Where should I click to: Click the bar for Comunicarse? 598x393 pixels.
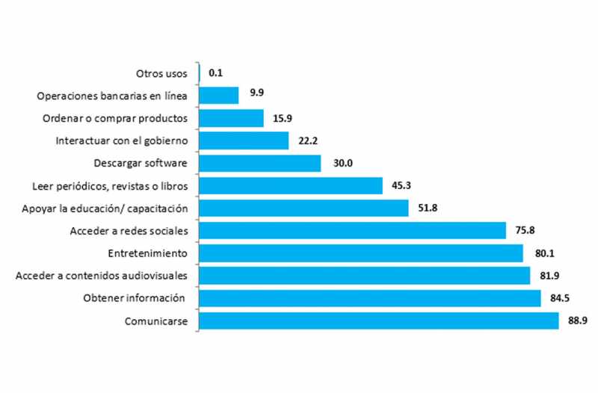(379, 321)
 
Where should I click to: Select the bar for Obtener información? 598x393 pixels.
(370, 298)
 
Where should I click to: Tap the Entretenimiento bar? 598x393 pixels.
(361, 253)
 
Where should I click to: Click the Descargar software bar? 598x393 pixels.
(260, 163)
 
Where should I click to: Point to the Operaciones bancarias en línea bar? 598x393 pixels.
(219, 96)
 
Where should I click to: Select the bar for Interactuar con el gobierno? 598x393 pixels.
(244, 140)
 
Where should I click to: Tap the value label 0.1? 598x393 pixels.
(216, 73)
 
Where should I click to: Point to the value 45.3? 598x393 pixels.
(399, 185)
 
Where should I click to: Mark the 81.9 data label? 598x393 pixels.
(550, 276)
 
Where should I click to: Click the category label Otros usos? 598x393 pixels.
(161, 73)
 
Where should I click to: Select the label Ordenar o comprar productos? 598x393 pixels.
(120, 118)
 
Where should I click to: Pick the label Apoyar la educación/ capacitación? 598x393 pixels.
(105, 208)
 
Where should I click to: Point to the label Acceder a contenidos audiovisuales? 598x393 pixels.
(101, 276)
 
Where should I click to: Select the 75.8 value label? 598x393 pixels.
(525, 231)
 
